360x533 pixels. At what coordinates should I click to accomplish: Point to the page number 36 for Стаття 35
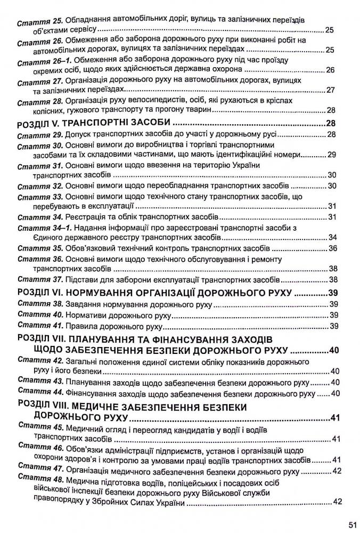click(x=333, y=248)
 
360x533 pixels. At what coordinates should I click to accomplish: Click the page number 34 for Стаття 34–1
click(x=333, y=238)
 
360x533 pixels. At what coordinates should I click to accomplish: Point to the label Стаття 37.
click(x=38, y=280)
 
